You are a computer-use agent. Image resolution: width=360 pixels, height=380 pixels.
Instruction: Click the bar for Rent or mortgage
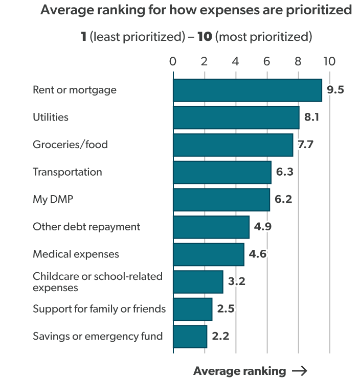point(247,90)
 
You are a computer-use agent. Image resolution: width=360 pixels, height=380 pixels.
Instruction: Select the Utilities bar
point(236,117)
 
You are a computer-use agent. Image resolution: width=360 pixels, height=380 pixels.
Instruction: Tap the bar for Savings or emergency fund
point(190,337)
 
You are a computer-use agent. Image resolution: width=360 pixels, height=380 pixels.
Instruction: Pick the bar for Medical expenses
point(208,254)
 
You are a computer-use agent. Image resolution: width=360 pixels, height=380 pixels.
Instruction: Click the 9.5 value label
point(335,90)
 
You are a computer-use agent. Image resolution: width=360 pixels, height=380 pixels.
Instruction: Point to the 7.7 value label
point(304,145)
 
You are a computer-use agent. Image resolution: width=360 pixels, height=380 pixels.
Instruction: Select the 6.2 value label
point(283,200)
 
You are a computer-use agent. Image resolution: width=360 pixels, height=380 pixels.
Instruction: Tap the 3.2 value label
point(236,281)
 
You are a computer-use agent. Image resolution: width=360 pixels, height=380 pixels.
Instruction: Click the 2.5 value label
point(225,309)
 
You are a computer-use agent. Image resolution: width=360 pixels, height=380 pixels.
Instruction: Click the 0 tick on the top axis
point(173,62)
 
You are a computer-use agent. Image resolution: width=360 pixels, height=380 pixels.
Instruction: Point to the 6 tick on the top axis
point(267,62)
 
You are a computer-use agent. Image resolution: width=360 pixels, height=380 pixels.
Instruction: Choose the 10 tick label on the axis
point(329,62)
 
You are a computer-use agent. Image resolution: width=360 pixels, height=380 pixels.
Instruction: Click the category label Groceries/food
point(70,145)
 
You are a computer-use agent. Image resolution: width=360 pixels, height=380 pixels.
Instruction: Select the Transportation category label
point(67,172)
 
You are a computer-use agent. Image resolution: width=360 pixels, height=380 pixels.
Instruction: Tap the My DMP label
point(53,199)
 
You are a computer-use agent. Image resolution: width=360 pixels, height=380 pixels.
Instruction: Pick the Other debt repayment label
point(86,227)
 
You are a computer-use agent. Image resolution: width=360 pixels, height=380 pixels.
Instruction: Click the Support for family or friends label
point(99,309)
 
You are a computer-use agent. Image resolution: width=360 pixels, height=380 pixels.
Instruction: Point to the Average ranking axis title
point(239,371)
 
